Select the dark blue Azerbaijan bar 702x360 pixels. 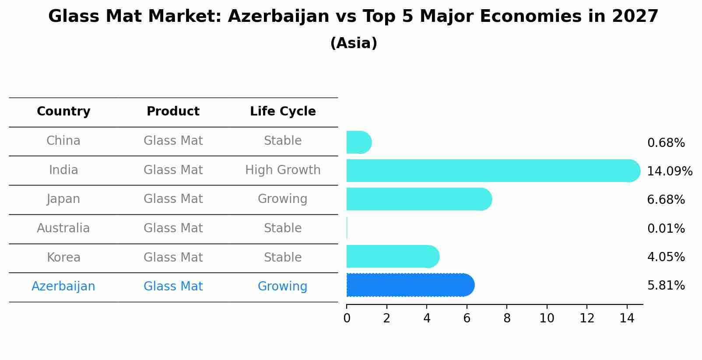(410, 285)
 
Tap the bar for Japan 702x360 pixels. (418, 199)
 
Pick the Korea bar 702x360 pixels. (392, 256)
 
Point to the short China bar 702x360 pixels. (358, 142)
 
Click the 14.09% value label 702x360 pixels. (669, 171)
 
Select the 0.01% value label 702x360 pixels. (666, 228)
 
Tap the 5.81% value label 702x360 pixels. (666, 286)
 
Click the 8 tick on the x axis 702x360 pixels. (507, 318)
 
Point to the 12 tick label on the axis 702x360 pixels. (587, 318)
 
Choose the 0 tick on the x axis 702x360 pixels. (347, 318)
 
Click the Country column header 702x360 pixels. (63, 112)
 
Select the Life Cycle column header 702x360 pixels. (283, 112)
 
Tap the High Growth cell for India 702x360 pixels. (283, 170)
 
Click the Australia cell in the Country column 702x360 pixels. (63, 228)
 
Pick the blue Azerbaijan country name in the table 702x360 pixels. (63, 286)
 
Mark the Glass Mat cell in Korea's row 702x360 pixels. (173, 257)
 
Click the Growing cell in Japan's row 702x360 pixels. (283, 199)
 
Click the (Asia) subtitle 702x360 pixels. (354, 43)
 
